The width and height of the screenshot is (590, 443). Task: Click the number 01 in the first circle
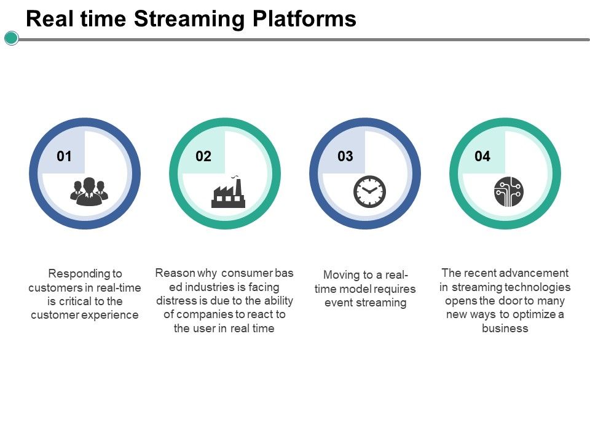tap(64, 156)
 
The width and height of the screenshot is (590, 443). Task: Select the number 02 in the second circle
tap(203, 156)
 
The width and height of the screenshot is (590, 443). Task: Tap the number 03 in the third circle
tap(345, 156)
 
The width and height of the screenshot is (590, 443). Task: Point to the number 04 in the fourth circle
tap(482, 156)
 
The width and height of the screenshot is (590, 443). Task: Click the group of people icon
tap(90, 191)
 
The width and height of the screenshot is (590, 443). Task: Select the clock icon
tap(369, 191)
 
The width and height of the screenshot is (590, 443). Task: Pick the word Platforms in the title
tap(305, 19)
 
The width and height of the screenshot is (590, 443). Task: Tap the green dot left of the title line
tap(11, 39)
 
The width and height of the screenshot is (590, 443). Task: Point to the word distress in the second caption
tap(175, 301)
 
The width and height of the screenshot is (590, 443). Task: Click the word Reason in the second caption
tap(174, 273)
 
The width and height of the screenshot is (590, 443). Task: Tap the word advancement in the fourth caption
tap(534, 273)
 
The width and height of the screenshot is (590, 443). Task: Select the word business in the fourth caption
tap(505, 329)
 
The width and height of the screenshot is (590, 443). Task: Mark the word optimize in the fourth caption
tap(533, 315)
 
